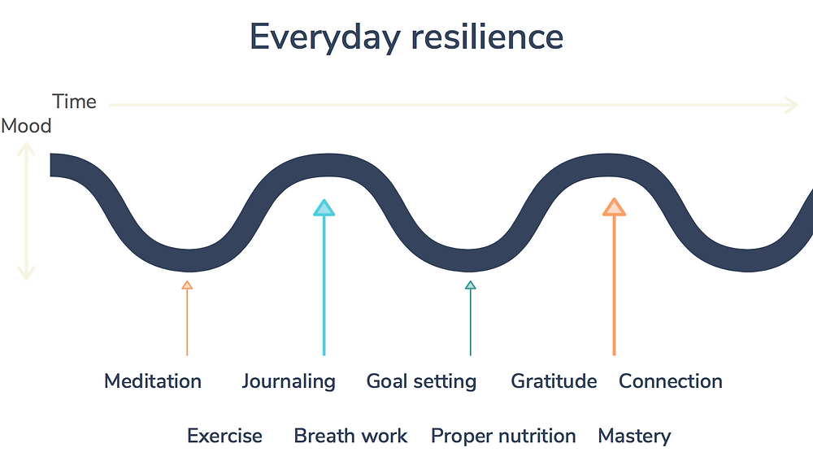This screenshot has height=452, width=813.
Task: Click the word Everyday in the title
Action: tap(325, 37)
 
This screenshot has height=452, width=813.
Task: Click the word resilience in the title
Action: tap(487, 37)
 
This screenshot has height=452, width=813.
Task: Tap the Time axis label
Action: tap(74, 102)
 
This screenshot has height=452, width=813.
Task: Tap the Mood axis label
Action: tap(26, 126)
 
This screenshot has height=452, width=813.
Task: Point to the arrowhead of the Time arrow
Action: tap(791, 105)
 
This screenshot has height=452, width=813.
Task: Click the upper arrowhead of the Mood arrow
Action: tap(26, 149)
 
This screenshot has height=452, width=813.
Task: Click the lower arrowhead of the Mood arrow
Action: tap(26, 273)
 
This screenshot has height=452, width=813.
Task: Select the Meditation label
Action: tap(153, 381)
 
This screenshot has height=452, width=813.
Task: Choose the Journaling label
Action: tap(289, 382)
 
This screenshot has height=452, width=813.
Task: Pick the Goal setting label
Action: tap(421, 382)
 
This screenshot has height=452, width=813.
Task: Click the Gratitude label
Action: tap(554, 381)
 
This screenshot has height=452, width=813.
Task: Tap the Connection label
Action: tap(671, 381)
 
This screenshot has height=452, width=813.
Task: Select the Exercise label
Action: tap(224, 436)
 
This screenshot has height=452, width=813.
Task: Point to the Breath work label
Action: tap(350, 436)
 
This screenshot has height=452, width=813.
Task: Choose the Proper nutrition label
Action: tap(503, 437)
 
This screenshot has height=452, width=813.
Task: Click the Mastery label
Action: tap(634, 437)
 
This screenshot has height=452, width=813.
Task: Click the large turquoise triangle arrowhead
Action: tap(324, 208)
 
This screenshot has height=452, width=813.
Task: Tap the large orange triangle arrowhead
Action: tap(614, 207)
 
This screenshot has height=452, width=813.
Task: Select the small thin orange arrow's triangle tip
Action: tap(187, 285)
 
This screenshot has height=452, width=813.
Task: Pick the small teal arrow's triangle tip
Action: tap(470, 285)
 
